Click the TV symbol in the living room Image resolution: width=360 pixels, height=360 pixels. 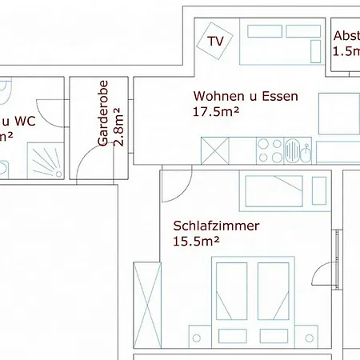point(214,41)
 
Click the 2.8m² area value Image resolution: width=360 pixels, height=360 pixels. point(119,126)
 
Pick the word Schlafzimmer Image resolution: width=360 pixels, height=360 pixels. point(216,226)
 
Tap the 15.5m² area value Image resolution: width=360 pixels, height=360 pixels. point(196,241)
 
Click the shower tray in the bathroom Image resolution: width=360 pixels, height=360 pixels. point(50,161)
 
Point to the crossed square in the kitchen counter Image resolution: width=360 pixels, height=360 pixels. point(215,150)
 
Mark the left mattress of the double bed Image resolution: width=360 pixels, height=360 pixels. point(234,300)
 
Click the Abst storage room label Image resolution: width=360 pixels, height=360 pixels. point(346,36)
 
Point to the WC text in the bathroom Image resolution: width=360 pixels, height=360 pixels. point(24,122)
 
